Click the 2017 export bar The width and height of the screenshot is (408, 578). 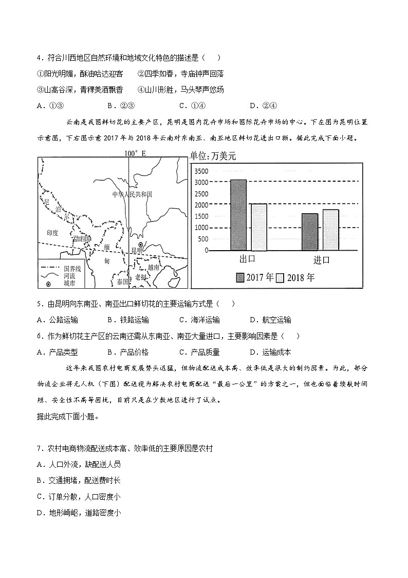click(x=238, y=215)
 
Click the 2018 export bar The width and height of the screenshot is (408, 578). click(x=259, y=227)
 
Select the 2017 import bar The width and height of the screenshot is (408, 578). click(x=309, y=232)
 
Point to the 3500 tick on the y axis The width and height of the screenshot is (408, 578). click(x=201, y=171)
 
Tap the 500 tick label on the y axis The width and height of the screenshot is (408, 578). click(x=203, y=239)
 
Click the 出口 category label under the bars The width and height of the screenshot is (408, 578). click(x=248, y=259)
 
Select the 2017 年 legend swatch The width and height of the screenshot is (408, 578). click(x=240, y=278)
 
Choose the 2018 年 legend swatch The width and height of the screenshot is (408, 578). click(x=280, y=278)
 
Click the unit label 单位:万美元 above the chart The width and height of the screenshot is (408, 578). click(x=213, y=156)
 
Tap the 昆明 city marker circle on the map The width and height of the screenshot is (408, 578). click(x=140, y=245)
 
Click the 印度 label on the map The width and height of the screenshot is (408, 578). click(x=52, y=233)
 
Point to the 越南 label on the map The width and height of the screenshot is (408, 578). click(x=154, y=267)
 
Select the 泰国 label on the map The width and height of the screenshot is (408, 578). click(x=122, y=282)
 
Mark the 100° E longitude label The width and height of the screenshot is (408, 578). click(x=135, y=153)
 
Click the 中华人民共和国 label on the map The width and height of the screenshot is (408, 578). click(x=132, y=194)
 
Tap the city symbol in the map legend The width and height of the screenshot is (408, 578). click(x=48, y=284)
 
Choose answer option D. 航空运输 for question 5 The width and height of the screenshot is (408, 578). click(x=270, y=320)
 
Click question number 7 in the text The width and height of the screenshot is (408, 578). click(x=40, y=448)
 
